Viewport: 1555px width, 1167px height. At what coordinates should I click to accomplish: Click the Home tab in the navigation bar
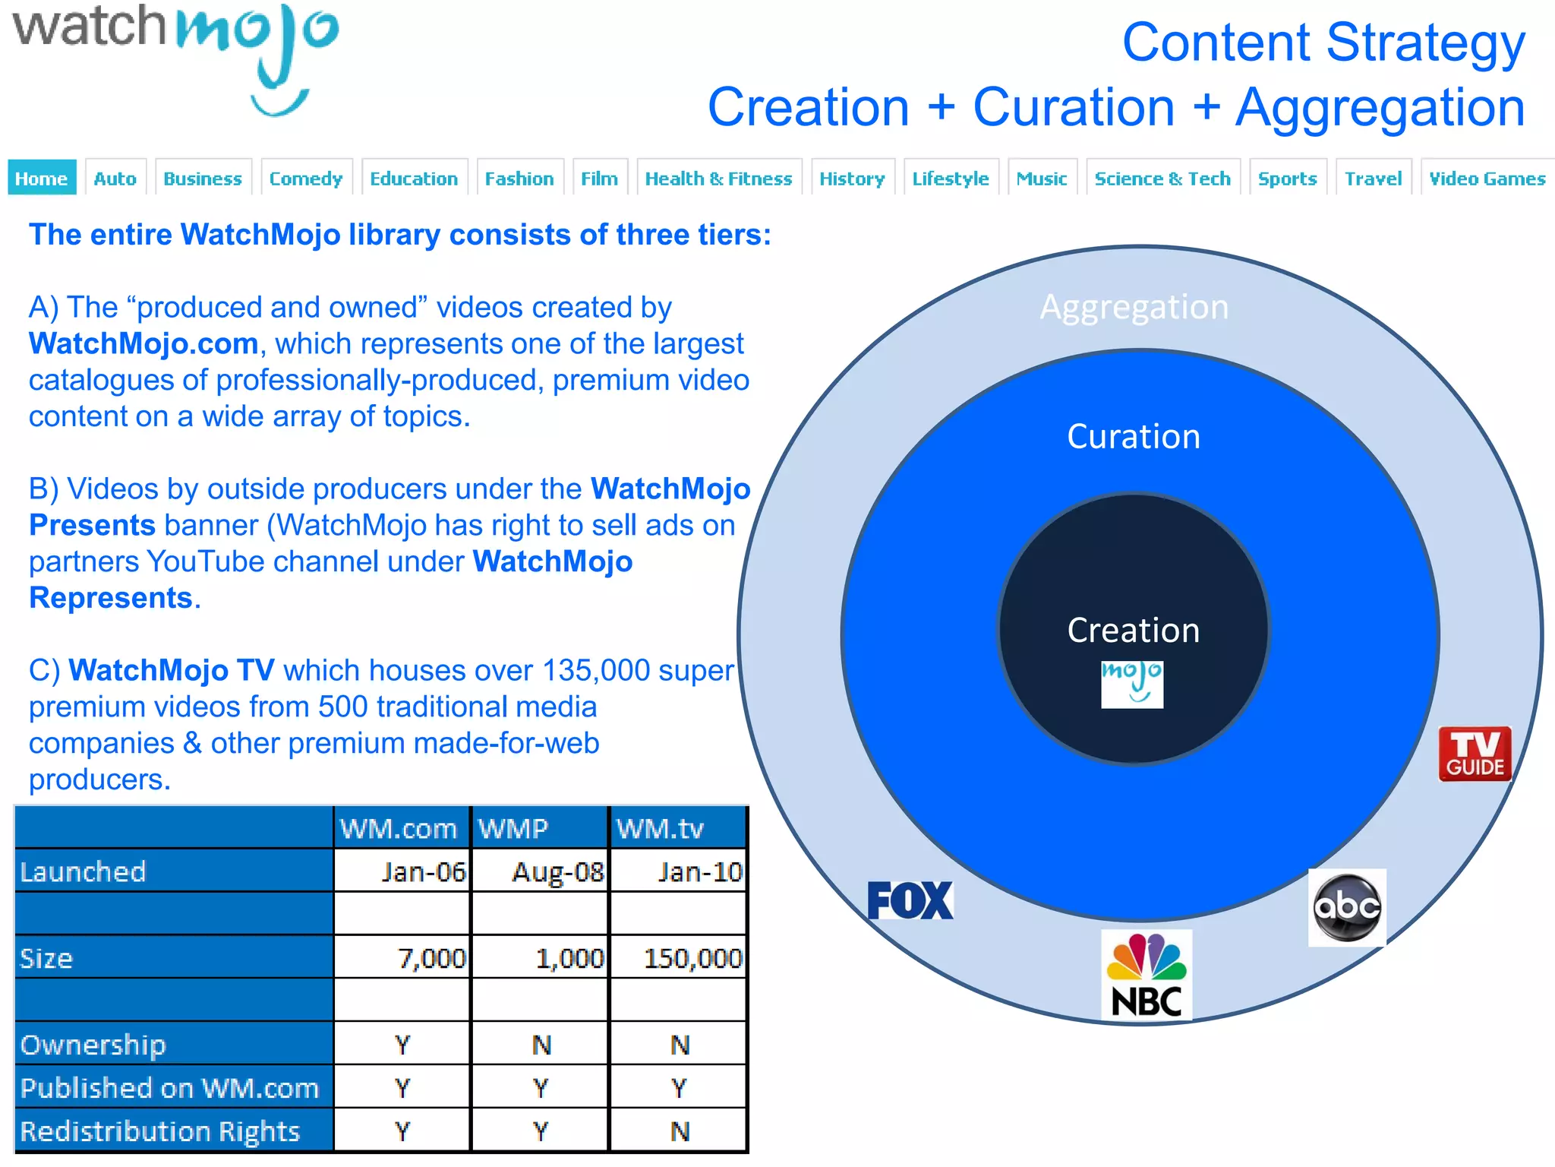42,179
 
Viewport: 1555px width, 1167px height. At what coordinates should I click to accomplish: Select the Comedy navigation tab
306,179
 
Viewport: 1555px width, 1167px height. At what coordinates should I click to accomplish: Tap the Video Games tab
1487,179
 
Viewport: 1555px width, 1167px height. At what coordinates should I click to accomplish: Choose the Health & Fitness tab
718,179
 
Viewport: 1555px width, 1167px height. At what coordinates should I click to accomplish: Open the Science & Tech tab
1162,179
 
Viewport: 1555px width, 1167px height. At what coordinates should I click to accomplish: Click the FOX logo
910,900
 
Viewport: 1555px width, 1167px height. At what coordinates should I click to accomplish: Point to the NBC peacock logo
1147,975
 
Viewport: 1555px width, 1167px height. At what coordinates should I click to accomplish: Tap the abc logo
1347,907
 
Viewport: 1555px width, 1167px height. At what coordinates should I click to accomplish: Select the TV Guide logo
1475,754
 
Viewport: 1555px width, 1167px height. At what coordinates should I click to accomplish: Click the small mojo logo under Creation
1132,684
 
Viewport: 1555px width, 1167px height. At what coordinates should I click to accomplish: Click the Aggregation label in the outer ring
1134,307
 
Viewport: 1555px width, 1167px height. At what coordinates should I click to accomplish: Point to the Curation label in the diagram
1134,437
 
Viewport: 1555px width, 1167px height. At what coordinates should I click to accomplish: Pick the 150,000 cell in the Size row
692,958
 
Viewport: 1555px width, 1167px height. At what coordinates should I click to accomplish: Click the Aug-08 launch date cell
557,871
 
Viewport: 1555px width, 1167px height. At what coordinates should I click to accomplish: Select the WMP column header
513,828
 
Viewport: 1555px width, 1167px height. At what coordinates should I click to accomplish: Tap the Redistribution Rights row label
160,1131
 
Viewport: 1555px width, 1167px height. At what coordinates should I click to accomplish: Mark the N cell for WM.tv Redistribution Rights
680,1131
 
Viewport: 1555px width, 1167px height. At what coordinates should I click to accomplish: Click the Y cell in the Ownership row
402,1045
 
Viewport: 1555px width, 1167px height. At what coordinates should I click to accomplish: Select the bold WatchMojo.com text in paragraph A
144,344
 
